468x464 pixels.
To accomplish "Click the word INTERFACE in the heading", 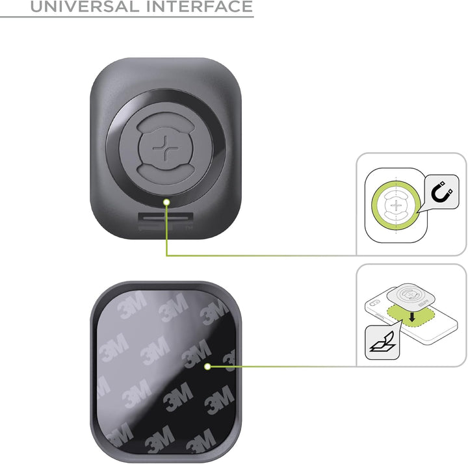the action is pyautogui.click(x=200, y=6).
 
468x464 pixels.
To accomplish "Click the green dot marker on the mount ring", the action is pyautogui.click(x=167, y=202).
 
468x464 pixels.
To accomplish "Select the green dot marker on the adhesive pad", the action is pyautogui.click(x=208, y=367).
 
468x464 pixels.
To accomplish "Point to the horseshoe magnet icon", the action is pyautogui.click(x=442, y=192).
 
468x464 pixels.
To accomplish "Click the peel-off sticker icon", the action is pyautogui.click(x=383, y=342).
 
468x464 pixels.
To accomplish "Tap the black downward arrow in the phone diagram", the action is pyautogui.click(x=412, y=317).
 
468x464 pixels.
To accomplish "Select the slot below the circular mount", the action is pyautogui.click(x=166, y=218).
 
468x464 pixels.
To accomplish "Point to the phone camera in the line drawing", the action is pyautogui.click(x=374, y=303).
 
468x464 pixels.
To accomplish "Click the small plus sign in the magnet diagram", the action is pyautogui.click(x=396, y=205).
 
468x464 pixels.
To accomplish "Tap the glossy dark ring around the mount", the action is pyautogui.click(x=112, y=148).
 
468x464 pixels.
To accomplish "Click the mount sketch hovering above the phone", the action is pyautogui.click(x=411, y=296).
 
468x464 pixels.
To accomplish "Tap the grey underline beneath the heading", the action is pyautogui.click(x=127, y=17).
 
